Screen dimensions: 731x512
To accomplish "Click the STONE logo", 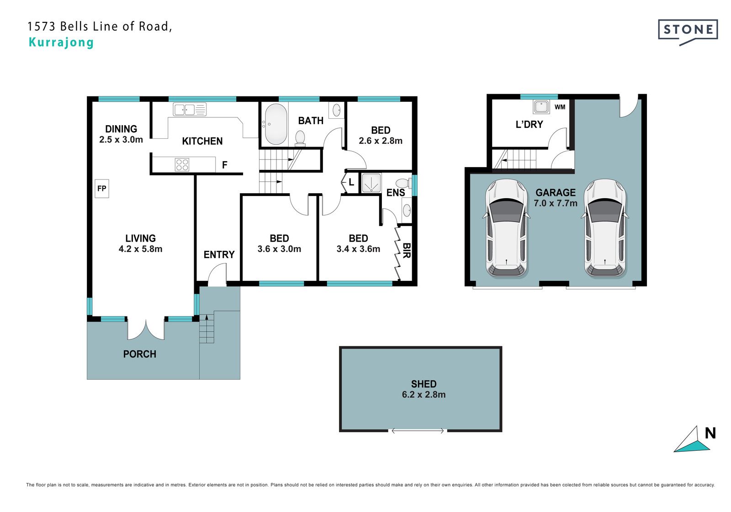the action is (688, 32).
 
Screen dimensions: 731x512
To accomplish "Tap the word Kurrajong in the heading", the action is (61, 42).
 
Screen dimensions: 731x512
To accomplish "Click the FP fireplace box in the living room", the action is (102, 188).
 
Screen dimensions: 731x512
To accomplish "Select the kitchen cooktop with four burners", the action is (182, 165).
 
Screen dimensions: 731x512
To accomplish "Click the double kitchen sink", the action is (190, 109).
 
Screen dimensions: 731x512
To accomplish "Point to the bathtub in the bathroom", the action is (276, 124).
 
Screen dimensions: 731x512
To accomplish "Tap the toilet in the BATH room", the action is (300, 138).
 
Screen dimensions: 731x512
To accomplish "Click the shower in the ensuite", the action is (371, 183).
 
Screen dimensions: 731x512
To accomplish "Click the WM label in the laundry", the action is (560, 107).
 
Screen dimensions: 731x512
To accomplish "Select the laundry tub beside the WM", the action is (541, 107).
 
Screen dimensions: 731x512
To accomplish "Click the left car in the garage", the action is (507, 228).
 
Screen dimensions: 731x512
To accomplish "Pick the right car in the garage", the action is (605, 228).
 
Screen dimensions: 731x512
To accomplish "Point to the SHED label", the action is (424, 384).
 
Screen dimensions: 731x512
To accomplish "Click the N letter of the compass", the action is (710, 433).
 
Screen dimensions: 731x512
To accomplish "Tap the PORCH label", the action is (140, 354).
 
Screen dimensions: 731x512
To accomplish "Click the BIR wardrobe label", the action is (406, 250).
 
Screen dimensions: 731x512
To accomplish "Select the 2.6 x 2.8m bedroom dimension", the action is (381, 141).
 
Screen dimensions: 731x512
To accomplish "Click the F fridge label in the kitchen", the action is (224, 165).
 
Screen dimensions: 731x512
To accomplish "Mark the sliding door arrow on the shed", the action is (418, 431).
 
